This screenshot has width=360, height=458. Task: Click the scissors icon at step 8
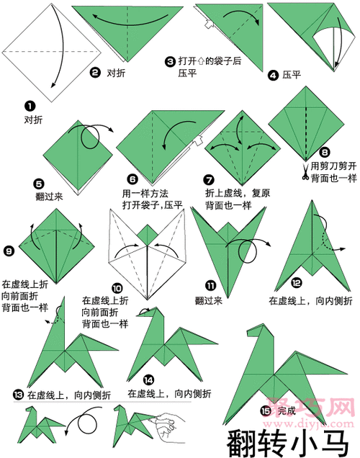pyautogui.click(x=305, y=171)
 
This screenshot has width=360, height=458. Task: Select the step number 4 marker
pyautogui.click(x=273, y=74)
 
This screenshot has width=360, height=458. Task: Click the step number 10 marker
pyautogui.click(x=117, y=287)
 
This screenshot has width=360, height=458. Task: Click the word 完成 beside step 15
pyautogui.click(x=286, y=411)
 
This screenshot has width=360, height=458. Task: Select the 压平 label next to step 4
pyautogui.click(x=291, y=74)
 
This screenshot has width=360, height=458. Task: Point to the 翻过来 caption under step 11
pyautogui.click(x=208, y=300)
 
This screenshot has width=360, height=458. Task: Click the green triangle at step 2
pyautogui.click(x=130, y=32)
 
